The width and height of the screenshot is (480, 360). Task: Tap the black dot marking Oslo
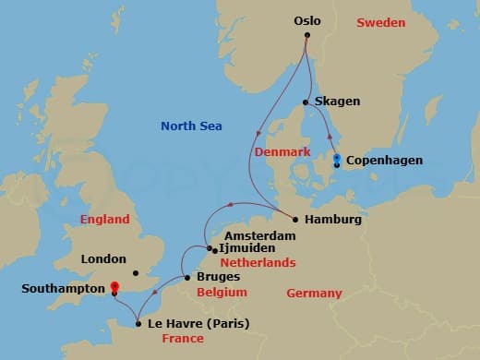(308, 36)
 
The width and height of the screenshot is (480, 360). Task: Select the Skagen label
(337, 102)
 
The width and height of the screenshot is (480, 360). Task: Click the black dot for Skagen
(306, 102)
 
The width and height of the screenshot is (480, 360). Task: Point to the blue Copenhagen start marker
(337, 159)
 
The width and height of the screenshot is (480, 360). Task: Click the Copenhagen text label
(384, 161)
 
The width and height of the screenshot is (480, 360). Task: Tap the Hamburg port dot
(294, 220)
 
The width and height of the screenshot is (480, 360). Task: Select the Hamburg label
(333, 221)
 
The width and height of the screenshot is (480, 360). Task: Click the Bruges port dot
(186, 277)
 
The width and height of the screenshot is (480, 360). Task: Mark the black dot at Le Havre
(138, 323)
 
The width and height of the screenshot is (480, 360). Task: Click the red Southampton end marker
(114, 288)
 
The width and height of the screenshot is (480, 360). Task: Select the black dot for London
(135, 272)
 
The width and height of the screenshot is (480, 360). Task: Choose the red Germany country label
(314, 294)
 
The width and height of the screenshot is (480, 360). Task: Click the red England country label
(105, 221)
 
